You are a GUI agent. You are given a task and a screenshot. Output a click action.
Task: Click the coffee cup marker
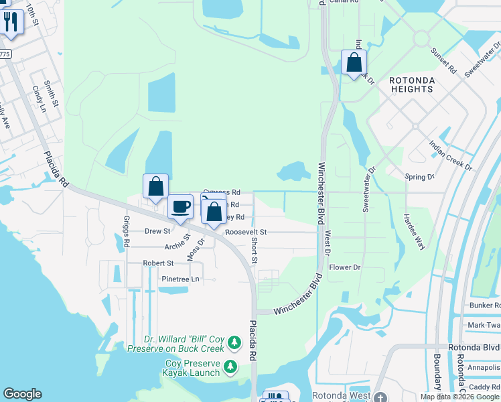180,206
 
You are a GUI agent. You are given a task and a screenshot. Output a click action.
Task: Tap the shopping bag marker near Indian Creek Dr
354,63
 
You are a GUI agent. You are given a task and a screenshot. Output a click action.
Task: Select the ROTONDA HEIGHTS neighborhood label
413,85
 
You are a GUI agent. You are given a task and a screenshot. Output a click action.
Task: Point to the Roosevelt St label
246,232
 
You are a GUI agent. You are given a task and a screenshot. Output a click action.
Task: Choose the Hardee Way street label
414,232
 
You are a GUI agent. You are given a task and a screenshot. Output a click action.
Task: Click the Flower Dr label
345,267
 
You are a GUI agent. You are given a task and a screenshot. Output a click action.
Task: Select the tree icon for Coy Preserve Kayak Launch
231,367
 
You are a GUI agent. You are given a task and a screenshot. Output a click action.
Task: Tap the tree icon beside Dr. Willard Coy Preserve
234,343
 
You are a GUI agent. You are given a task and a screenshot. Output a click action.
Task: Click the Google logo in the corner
22,394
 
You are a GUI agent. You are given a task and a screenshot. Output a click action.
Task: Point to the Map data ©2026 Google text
459,397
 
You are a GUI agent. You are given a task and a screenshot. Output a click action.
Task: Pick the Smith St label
51,94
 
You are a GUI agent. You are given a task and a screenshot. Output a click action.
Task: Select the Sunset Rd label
443,61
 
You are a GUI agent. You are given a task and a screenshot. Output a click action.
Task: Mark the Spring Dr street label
420,177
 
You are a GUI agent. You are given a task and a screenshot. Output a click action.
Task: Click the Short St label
255,250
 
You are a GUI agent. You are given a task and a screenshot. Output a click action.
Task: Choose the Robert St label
158,263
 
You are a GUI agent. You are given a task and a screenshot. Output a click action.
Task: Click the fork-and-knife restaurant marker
11,21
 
